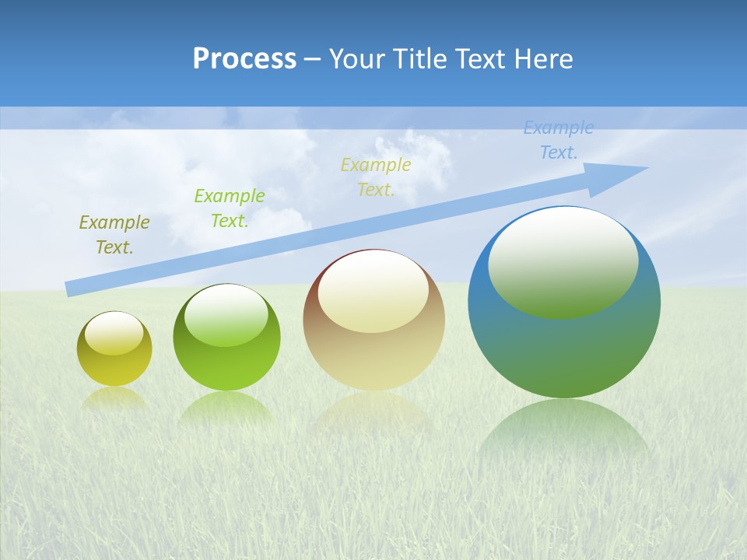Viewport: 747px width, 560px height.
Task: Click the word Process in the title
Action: (x=244, y=58)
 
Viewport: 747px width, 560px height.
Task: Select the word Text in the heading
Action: (x=481, y=58)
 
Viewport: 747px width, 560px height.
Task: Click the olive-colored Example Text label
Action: (x=114, y=235)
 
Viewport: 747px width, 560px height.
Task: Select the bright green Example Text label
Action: (x=229, y=208)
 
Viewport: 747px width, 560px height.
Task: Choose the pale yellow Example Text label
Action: (x=376, y=177)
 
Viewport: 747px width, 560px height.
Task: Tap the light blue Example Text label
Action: (x=558, y=140)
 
